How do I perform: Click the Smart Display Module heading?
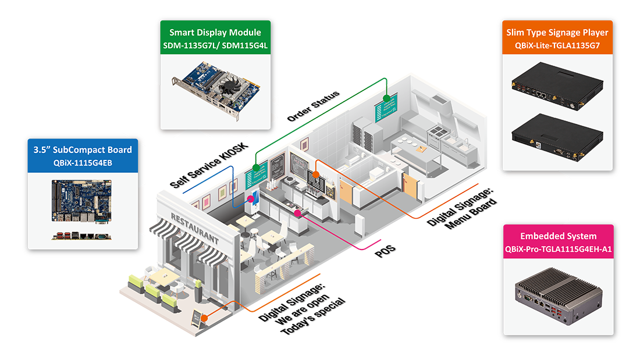215,33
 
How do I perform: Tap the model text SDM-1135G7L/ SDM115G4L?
215,45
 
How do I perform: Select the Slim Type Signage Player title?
557,33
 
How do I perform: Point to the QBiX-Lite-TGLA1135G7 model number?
557,45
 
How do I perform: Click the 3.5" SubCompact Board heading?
82,149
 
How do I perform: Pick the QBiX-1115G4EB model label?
82,162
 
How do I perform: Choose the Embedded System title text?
558,236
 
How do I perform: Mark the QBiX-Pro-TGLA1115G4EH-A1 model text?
558,249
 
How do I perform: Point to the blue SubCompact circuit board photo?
82,201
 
